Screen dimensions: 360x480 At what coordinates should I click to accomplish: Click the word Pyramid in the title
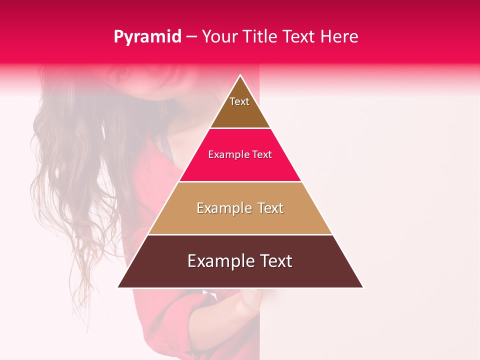point(147,37)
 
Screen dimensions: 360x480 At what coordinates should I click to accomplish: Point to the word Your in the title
point(219,36)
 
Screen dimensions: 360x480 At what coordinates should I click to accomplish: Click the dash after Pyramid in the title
point(191,37)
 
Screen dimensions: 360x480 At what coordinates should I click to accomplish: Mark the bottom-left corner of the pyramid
point(118,287)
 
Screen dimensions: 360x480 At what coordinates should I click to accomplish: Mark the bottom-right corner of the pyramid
point(362,287)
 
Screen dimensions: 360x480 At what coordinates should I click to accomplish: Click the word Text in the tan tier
point(270,208)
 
